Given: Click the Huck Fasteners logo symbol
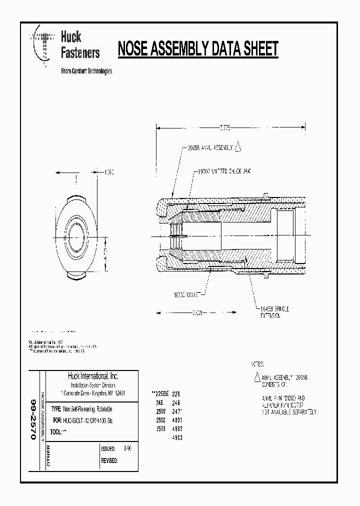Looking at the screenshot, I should pos(42,45).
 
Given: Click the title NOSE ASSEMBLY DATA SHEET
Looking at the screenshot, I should pos(197,49).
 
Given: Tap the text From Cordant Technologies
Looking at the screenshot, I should pos(86,71).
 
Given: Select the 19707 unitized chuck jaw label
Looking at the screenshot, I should pos(222,171).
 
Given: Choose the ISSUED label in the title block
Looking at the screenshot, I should pos(108,449).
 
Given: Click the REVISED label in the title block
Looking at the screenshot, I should pos(109,460).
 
